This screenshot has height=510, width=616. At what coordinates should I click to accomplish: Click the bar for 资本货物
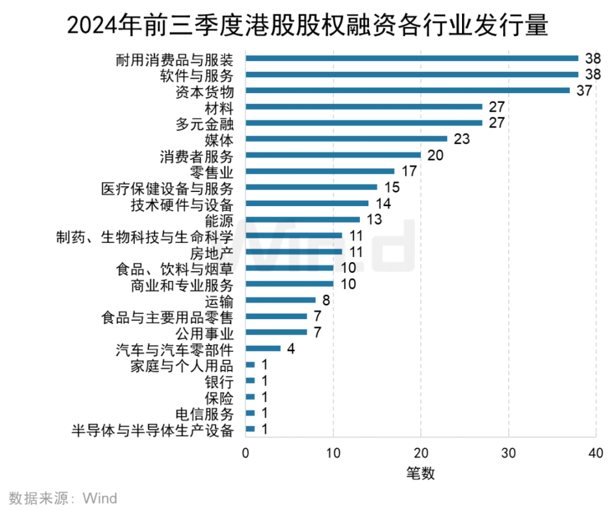407,91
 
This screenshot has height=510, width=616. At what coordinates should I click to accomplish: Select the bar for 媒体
346,139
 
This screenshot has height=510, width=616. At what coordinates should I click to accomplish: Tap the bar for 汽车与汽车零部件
263,348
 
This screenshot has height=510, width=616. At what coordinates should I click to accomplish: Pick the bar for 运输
280,300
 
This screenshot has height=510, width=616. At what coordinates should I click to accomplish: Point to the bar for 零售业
320,171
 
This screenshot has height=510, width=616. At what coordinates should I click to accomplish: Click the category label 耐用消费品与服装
174,59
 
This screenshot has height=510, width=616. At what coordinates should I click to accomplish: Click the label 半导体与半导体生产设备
152,430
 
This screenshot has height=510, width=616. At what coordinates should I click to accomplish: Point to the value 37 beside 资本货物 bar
583,91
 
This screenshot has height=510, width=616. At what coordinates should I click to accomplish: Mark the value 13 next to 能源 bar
373,220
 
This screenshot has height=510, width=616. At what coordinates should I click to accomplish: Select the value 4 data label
291,348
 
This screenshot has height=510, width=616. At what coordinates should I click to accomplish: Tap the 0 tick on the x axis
246,453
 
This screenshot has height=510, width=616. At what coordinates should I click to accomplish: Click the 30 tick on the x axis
509,453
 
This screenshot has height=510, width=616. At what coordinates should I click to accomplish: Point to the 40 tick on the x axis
596,453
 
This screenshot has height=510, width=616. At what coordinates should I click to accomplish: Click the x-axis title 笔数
420,474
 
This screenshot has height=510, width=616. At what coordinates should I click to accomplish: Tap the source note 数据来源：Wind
62,498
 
